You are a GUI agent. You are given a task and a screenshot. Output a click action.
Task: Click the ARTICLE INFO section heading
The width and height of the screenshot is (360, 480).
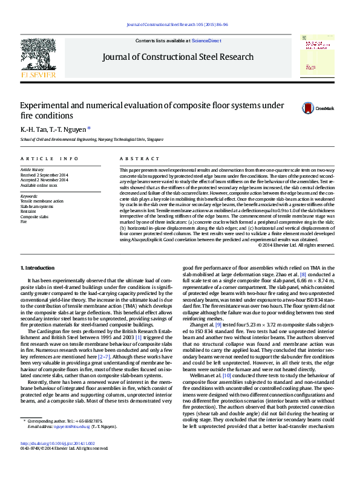(x=50, y=158)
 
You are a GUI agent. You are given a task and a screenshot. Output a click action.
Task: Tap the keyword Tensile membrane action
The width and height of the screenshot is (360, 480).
(x=42, y=201)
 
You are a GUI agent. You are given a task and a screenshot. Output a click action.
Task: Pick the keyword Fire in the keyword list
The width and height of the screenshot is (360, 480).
(x=24, y=222)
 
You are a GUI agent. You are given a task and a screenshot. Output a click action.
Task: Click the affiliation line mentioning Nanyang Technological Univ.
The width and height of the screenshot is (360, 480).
(x=92, y=140)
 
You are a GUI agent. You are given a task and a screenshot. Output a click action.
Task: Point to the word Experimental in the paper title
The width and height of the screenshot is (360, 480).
(x=48, y=105)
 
